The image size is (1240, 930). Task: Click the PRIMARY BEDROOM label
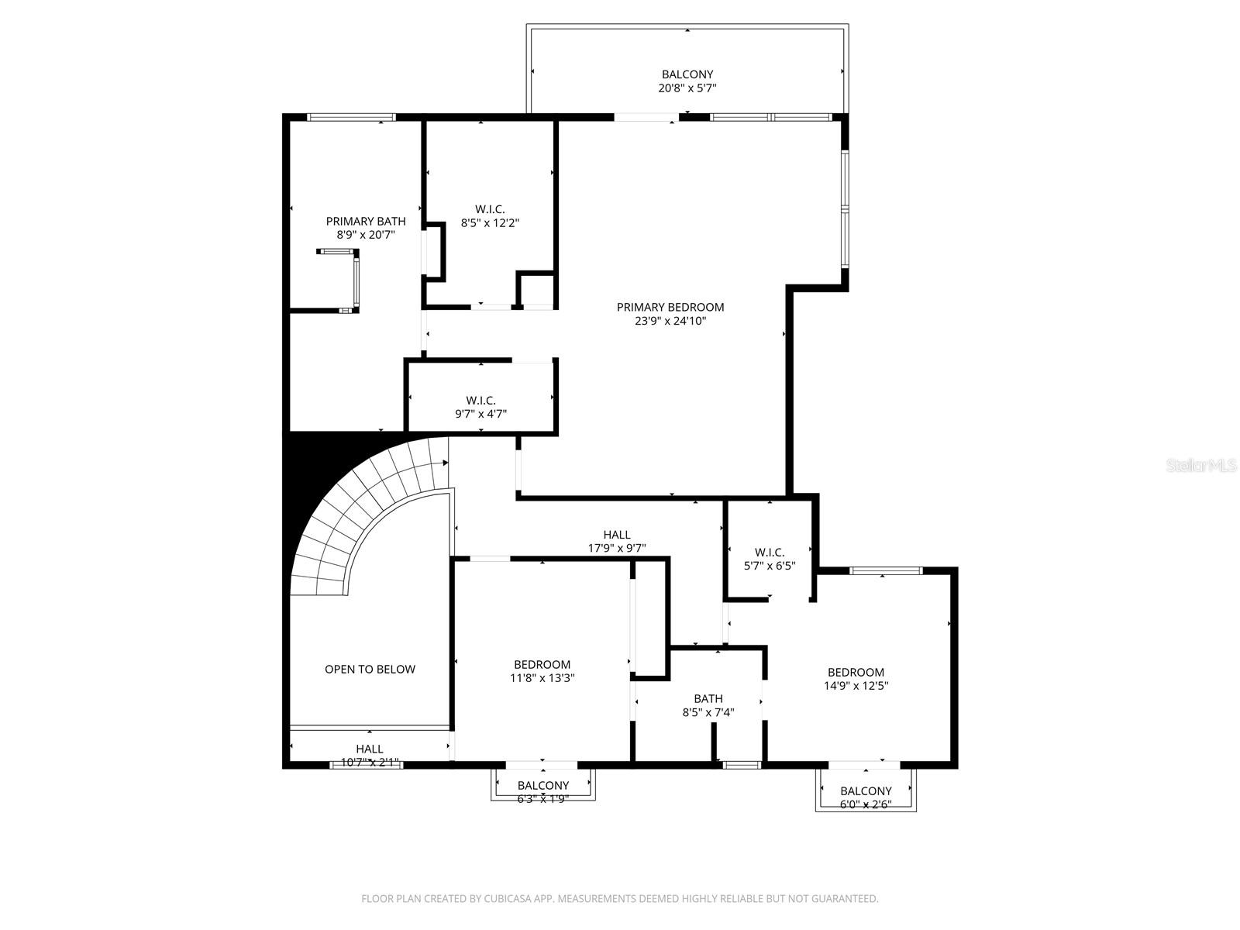(x=670, y=307)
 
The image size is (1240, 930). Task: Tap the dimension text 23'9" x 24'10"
(x=670, y=321)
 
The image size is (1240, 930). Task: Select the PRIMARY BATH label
(x=365, y=221)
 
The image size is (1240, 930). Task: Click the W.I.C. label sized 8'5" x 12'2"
(x=490, y=209)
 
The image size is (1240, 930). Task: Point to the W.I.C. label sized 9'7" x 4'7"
(x=480, y=401)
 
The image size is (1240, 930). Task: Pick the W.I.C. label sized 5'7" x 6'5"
(x=769, y=552)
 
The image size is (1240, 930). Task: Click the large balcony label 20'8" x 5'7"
(x=687, y=74)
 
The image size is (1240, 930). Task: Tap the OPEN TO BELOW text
(x=370, y=669)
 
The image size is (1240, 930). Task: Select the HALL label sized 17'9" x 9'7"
(x=616, y=535)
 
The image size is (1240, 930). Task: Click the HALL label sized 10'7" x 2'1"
(x=369, y=749)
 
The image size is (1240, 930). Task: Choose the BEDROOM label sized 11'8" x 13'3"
(x=542, y=664)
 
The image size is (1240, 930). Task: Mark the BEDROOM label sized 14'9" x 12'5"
(x=856, y=672)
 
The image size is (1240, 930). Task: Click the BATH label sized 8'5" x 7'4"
(x=708, y=698)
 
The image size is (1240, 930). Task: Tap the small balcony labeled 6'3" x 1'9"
(x=542, y=785)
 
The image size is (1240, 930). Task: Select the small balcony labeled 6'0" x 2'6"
(x=866, y=790)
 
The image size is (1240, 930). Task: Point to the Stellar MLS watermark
(x=1201, y=466)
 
